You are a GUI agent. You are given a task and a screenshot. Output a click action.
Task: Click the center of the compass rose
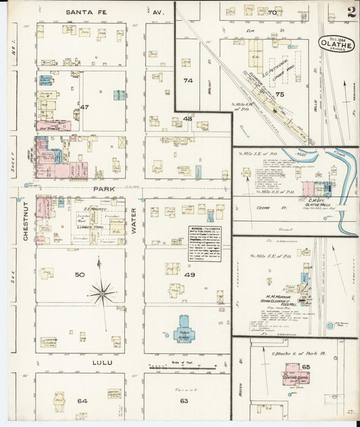[x=102, y=294]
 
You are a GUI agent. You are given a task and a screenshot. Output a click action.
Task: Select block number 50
[x=79, y=275]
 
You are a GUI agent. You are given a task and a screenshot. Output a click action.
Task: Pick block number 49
[x=190, y=275]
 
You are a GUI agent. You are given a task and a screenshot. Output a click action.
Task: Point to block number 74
[x=188, y=80]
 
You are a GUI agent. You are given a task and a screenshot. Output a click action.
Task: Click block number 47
[x=84, y=107]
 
